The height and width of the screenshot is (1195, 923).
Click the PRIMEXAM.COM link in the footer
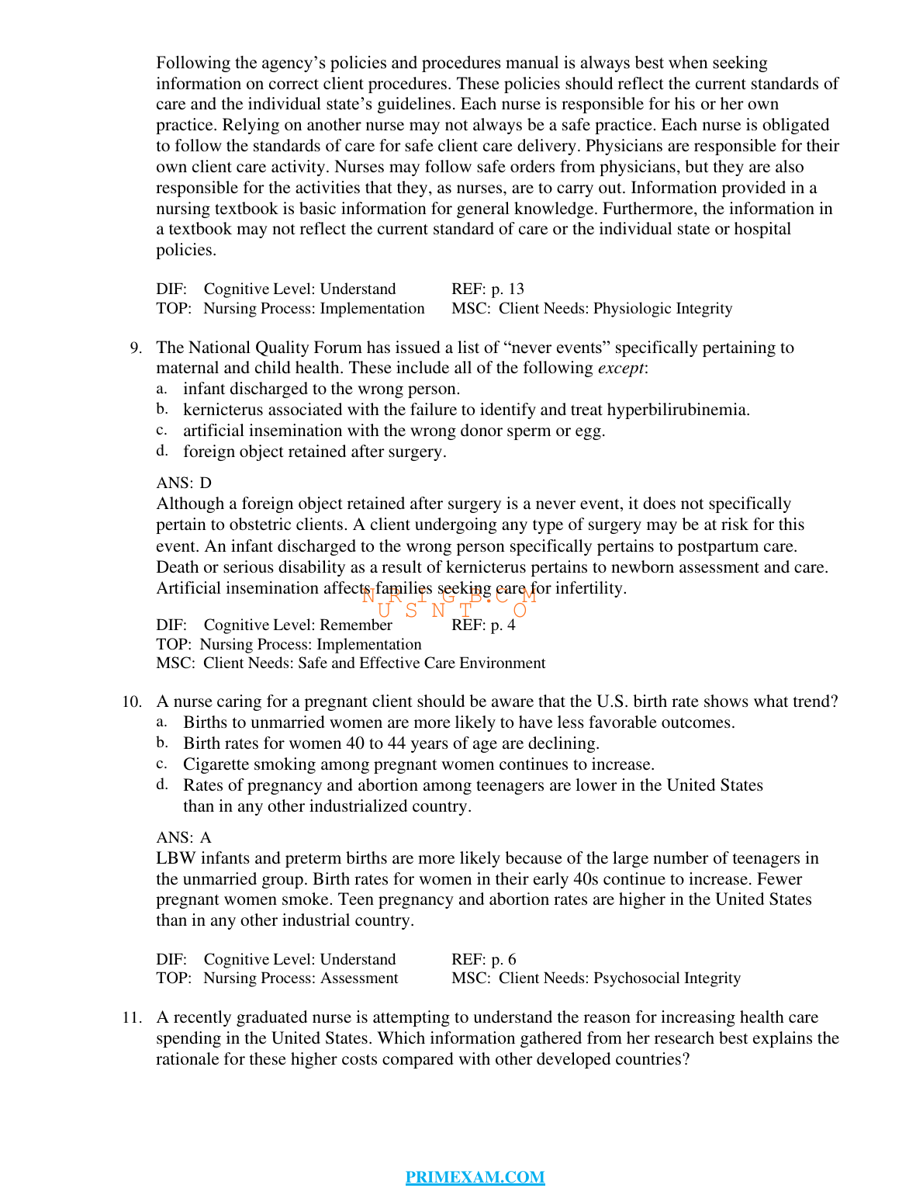[x=475, y=1177]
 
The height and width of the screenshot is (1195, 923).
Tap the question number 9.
[x=137, y=348]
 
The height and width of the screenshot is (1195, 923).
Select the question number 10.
[x=133, y=702]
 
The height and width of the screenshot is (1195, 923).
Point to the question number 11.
[x=133, y=1017]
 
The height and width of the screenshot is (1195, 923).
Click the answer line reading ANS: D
[x=184, y=483]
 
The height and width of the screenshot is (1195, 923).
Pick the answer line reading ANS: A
[x=184, y=838]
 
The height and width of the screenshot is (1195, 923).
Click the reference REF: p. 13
[x=488, y=289]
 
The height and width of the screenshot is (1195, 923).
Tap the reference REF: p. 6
[x=484, y=960]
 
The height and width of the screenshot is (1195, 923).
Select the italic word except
[x=621, y=369]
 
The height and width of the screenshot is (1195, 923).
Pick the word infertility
[x=591, y=588]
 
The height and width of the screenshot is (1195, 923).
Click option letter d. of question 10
[x=161, y=785]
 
